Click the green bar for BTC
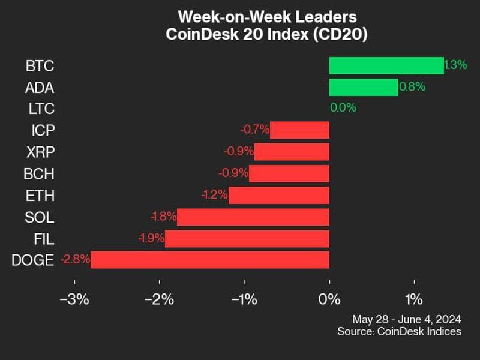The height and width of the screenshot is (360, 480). [386, 65]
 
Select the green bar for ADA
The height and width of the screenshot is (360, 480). [363, 87]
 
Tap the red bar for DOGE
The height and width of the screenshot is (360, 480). [210, 260]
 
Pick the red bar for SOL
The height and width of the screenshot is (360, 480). [253, 217]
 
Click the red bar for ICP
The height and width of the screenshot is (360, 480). [299, 130]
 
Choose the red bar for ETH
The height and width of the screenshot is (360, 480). [278, 195]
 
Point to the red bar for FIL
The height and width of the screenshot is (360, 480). [247, 238]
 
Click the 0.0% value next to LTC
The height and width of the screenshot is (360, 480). [343, 109]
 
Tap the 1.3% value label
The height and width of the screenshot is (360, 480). [455, 65]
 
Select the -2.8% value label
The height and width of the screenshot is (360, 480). [75, 260]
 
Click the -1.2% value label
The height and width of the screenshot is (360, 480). [214, 195]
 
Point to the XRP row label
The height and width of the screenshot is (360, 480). [40, 152]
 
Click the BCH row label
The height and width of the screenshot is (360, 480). [40, 173]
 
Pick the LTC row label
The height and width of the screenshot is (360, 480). [41, 109]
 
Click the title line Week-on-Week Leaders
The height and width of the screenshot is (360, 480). [266, 16]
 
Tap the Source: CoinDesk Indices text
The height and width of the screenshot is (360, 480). [399, 331]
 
